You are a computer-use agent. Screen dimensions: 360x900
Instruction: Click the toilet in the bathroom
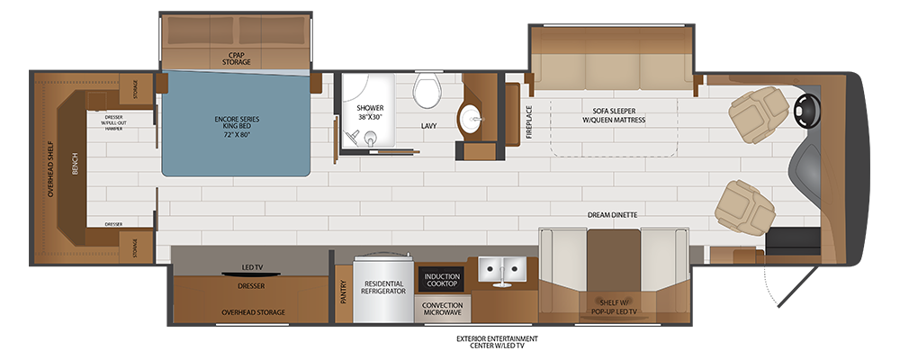(x=425, y=90)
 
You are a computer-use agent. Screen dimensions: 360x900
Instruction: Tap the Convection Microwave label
(x=442, y=309)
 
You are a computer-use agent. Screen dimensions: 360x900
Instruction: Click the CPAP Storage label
(x=236, y=58)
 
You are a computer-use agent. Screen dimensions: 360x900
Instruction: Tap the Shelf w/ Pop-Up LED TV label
(x=613, y=306)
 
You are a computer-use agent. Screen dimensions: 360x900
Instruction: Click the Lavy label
(x=428, y=126)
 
